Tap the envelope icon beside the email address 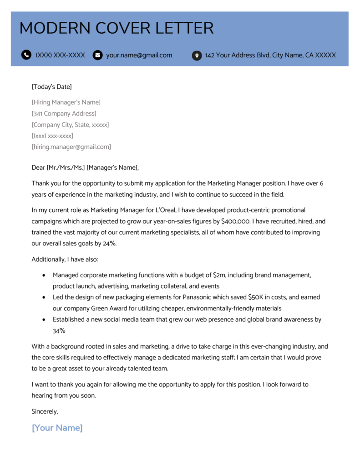pyautogui.click(x=97, y=56)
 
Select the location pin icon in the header pyautogui.click(x=197, y=56)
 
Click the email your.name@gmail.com pyautogui.click(x=139, y=55)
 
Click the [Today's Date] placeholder pyautogui.click(x=51, y=86)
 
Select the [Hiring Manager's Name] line pyautogui.click(x=66, y=102)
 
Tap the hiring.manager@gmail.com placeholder pyautogui.click(x=71, y=147)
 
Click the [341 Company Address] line pyautogui.click(x=64, y=113)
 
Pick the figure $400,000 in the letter pyautogui.click(x=236, y=221)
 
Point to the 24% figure pyautogui.click(x=109, y=243)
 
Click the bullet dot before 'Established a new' pyautogui.click(x=43, y=319)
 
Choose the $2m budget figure pyautogui.click(x=220, y=275)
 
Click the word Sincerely pyautogui.click(x=45, y=411)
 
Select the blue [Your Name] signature pyautogui.click(x=57, y=428)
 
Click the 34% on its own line pyautogui.click(x=60, y=331)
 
